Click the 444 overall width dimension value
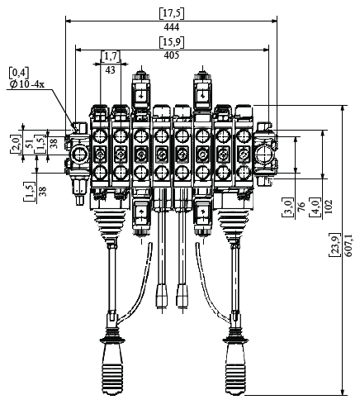[172, 27]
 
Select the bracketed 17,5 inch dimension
[172, 14]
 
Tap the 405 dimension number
[172, 55]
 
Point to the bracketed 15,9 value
[172, 42]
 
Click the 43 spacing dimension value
[110, 70]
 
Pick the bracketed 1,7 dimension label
[111, 56]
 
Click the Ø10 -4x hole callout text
[26, 84]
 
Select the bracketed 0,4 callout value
[19, 73]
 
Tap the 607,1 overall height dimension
[348, 246]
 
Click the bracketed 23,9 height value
[335, 245]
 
